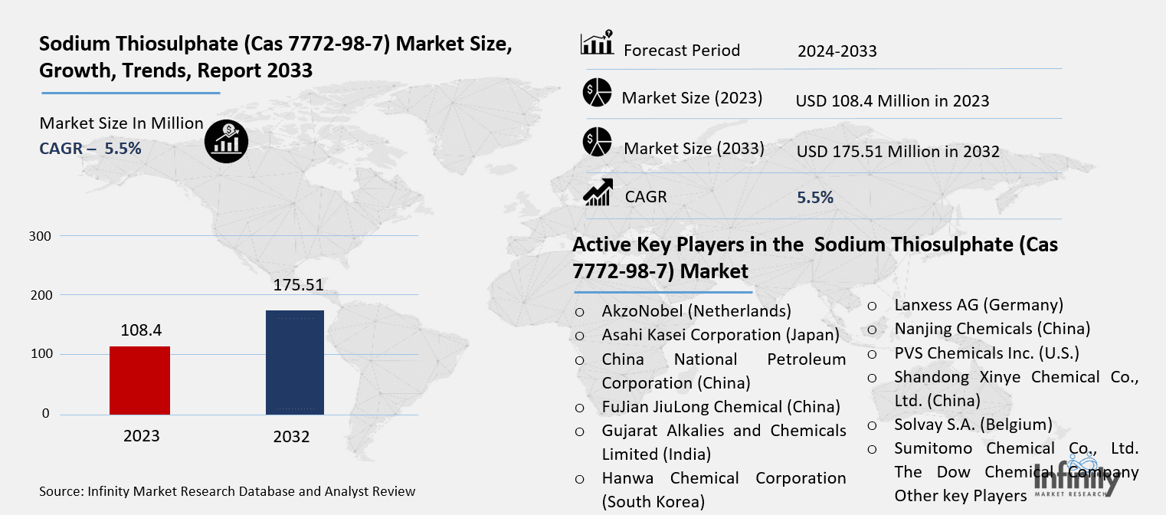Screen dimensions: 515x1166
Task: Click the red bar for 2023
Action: (x=140, y=380)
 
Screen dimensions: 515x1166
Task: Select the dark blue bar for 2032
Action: (x=294, y=362)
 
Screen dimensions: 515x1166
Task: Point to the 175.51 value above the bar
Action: (x=298, y=286)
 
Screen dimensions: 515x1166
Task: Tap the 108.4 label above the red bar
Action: (x=141, y=330)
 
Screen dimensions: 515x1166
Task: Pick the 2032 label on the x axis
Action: (x=291, y=437)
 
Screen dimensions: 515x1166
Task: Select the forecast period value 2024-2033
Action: (x=837, y=51)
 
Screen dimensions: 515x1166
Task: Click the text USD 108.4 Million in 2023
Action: (x=893, y=100)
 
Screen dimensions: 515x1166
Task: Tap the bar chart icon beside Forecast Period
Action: (x=598, y=44)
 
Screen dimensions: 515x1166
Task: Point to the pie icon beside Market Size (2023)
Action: (x=597, y=93)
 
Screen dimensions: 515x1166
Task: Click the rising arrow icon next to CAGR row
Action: (x=597, y=193)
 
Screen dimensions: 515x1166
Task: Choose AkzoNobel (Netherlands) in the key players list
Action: (x=696, y=311)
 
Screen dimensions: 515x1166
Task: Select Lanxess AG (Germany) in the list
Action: (x=978, y=304)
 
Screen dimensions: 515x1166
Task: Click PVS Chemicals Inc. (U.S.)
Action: (x=987, y=353)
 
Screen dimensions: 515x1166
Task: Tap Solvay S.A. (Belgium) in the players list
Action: (x=973, y=425)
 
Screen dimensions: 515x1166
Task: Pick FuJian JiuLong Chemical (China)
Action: (x=721, y=406)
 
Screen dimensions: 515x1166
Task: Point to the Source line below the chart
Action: (x=228, y=490)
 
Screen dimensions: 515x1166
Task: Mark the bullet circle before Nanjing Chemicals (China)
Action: (x=872, y=330)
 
